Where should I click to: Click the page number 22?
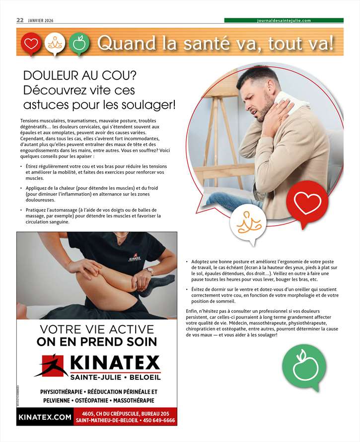click(20, 20)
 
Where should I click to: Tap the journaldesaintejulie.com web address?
click(284, 20)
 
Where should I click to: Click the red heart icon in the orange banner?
click(31, 44)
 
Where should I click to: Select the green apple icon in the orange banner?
click(79, 44)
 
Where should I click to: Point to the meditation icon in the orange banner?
click(55, 44)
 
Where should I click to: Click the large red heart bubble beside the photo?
click(307, 202)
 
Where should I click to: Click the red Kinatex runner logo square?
click(52, 366)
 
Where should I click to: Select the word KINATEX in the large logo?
click(115, 363)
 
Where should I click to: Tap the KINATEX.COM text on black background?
click(45, 417)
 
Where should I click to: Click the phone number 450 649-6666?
click(159, 420)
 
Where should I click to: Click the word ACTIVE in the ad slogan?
click(132, 329)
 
